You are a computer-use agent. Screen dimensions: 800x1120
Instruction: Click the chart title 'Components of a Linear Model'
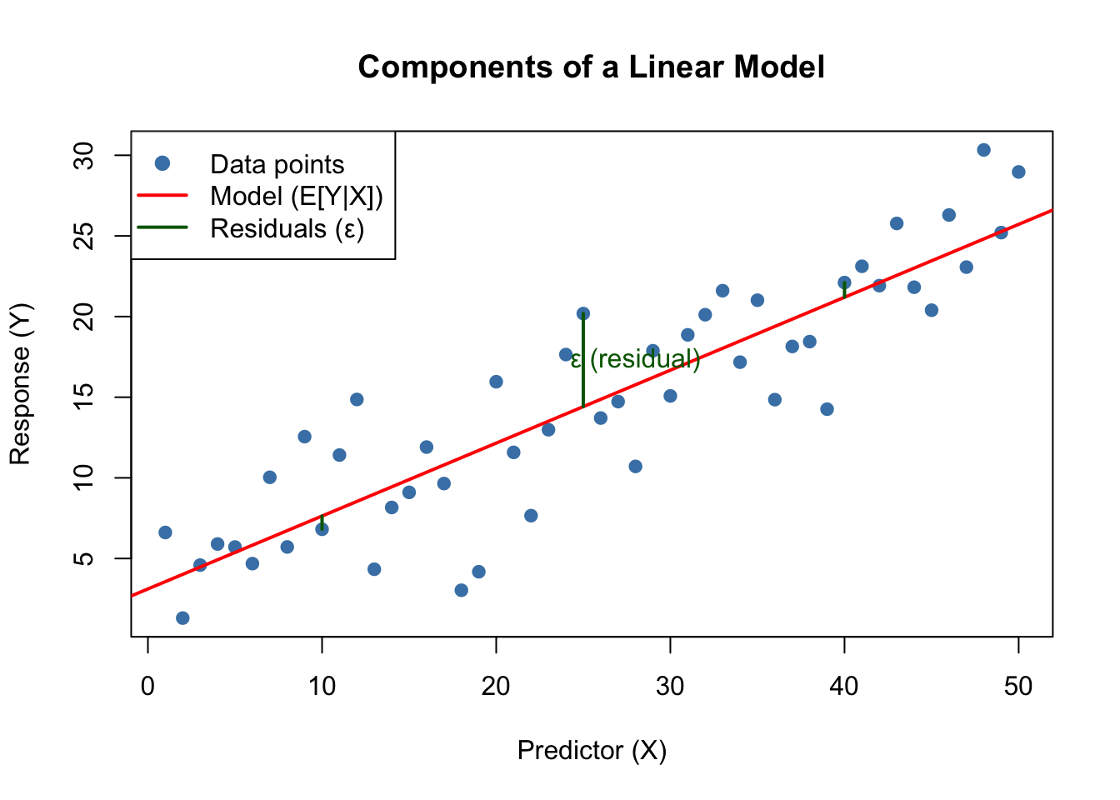point(591,67)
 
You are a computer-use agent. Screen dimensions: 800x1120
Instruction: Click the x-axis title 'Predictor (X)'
point(592,751)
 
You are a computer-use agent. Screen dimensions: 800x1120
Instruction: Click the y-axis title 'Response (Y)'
point(20,383)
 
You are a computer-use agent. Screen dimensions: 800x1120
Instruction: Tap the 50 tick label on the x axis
point(1018,687)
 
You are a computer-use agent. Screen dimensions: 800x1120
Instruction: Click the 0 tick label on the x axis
point(148,687)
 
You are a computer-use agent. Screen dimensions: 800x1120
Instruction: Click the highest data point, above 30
point(983,150)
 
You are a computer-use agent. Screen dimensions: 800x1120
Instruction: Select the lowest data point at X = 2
point(182,618)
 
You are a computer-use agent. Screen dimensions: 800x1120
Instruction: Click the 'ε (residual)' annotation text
point(635,360)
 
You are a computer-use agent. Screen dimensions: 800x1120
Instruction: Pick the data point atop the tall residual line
point(583,314)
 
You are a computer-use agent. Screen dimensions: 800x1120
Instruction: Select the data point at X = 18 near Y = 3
point(462,591)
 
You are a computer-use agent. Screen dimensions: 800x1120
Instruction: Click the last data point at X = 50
point(1018,172)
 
